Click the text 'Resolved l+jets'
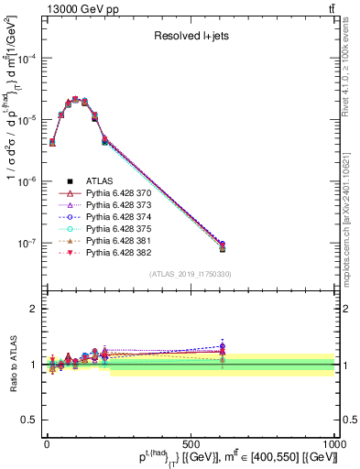pyautogui.click(x=190, y=38)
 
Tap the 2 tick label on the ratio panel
pyautogui.click(x=33, y=309)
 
